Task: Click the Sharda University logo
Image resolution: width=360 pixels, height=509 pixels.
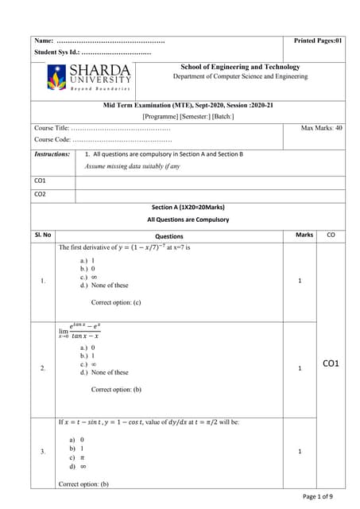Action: [89, 77]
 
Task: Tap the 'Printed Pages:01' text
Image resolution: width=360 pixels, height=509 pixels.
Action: [318, 40]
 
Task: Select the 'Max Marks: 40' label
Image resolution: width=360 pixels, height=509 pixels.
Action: [322, 127]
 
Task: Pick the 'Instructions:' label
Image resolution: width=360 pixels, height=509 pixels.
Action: [52, 154]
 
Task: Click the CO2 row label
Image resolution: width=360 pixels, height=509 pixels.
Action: [40, 194]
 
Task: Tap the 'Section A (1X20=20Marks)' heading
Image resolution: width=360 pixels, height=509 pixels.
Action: [188, 207]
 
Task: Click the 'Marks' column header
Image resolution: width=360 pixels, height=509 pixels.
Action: [304, 235]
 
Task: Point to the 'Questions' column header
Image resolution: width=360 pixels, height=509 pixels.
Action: [168, 236]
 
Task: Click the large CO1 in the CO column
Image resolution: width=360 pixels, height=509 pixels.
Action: [331, 363]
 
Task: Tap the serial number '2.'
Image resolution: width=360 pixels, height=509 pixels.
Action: [42, 368]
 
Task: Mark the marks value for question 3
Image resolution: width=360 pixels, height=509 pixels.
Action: [300, 452]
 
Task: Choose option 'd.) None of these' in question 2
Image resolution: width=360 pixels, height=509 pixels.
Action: [104, 372]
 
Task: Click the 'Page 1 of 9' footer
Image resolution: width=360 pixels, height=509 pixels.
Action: [323, 496]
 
